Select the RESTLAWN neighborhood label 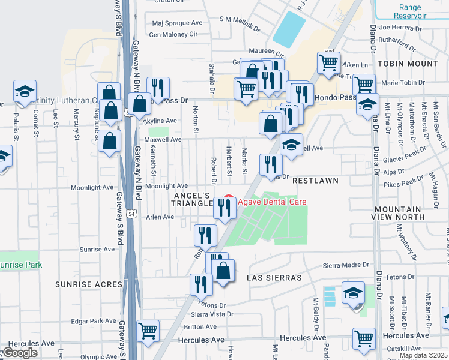coord(316,180)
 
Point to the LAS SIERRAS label coord(269,278)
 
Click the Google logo coord(20,353)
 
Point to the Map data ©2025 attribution coord(423,355)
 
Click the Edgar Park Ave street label coord(93,321)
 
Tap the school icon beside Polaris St coord(25,91)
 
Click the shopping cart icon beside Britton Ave coord(148,331)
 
